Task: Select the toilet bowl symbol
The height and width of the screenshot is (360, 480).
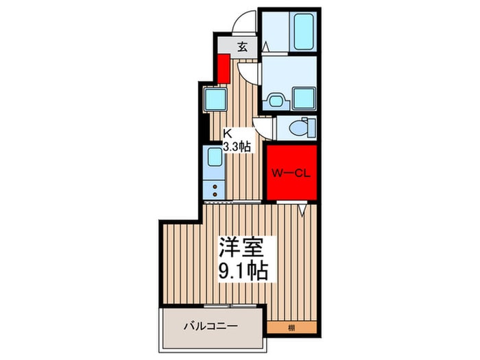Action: tap(300, 128)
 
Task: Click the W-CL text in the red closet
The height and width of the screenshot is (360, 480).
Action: tap(292, 173)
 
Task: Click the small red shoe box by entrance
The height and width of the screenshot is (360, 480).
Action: tap(224, 68)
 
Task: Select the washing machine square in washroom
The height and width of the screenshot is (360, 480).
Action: tap(302, 97)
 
